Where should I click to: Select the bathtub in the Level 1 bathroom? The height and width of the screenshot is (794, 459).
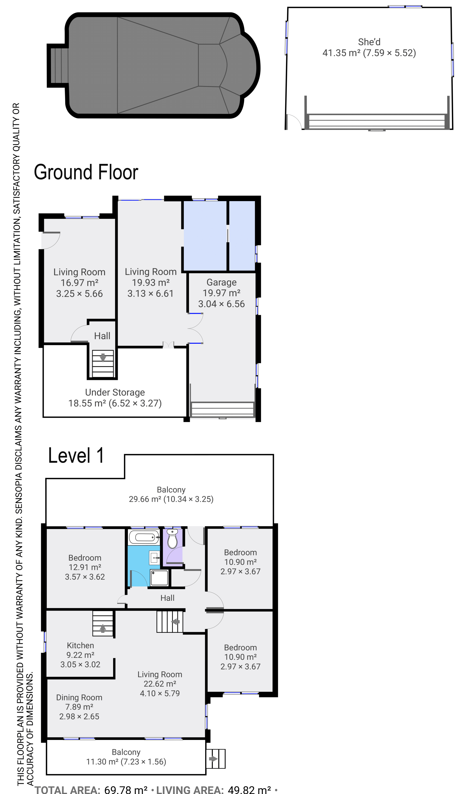pos(144,537)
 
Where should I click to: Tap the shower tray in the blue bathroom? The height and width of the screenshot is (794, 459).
pos(159,578)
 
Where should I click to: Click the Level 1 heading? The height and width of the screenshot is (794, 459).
pos(76,456)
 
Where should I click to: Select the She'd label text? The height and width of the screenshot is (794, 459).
pos(369,42)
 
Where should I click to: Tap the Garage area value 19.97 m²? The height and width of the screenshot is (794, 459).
pos(222,293)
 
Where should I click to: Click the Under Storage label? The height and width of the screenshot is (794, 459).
pos(115,392)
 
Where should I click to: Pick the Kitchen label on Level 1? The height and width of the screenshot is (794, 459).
pos(80,645)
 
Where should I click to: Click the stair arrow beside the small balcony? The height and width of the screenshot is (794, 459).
pos(213,758)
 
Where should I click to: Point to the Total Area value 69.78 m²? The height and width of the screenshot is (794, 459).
pos(126,788)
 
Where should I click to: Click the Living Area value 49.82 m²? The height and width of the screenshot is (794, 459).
pos(249,788)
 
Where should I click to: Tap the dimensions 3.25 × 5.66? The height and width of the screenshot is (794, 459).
pos(79,294)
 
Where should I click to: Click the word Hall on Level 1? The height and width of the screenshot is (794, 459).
pos(167,598)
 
